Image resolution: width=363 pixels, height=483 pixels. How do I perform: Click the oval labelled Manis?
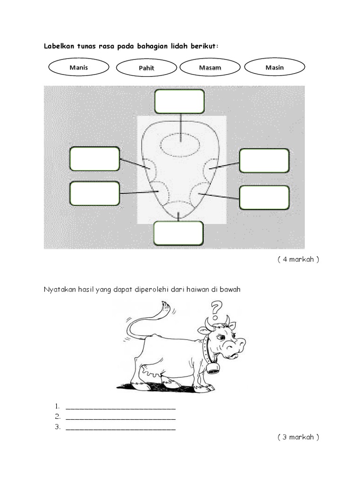click(78, 67)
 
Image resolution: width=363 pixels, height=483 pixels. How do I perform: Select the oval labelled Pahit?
click(147, 68)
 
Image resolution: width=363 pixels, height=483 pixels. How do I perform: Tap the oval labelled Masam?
click(210, 67)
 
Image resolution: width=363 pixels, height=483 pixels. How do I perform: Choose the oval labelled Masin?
click(275, 67)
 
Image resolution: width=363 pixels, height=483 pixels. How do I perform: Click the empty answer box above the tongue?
click(180, 101)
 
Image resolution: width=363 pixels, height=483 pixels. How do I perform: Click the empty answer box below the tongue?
click(179, 233)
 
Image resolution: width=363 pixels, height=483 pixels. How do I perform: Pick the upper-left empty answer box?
click(95, 158)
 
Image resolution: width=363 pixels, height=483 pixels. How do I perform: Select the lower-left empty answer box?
click(95, 193)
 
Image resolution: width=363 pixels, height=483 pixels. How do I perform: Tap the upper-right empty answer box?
click(264, 160)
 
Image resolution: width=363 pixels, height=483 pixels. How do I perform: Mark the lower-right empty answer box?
click(264, 197)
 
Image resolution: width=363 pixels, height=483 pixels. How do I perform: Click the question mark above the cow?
click(216, 310)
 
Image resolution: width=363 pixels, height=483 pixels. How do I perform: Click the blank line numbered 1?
click(121, 407)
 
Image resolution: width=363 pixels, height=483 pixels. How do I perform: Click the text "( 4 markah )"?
click(298, 259)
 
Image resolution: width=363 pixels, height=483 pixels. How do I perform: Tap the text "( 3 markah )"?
click(298, 437)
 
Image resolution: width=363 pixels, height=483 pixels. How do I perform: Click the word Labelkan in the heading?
click(60, 46)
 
